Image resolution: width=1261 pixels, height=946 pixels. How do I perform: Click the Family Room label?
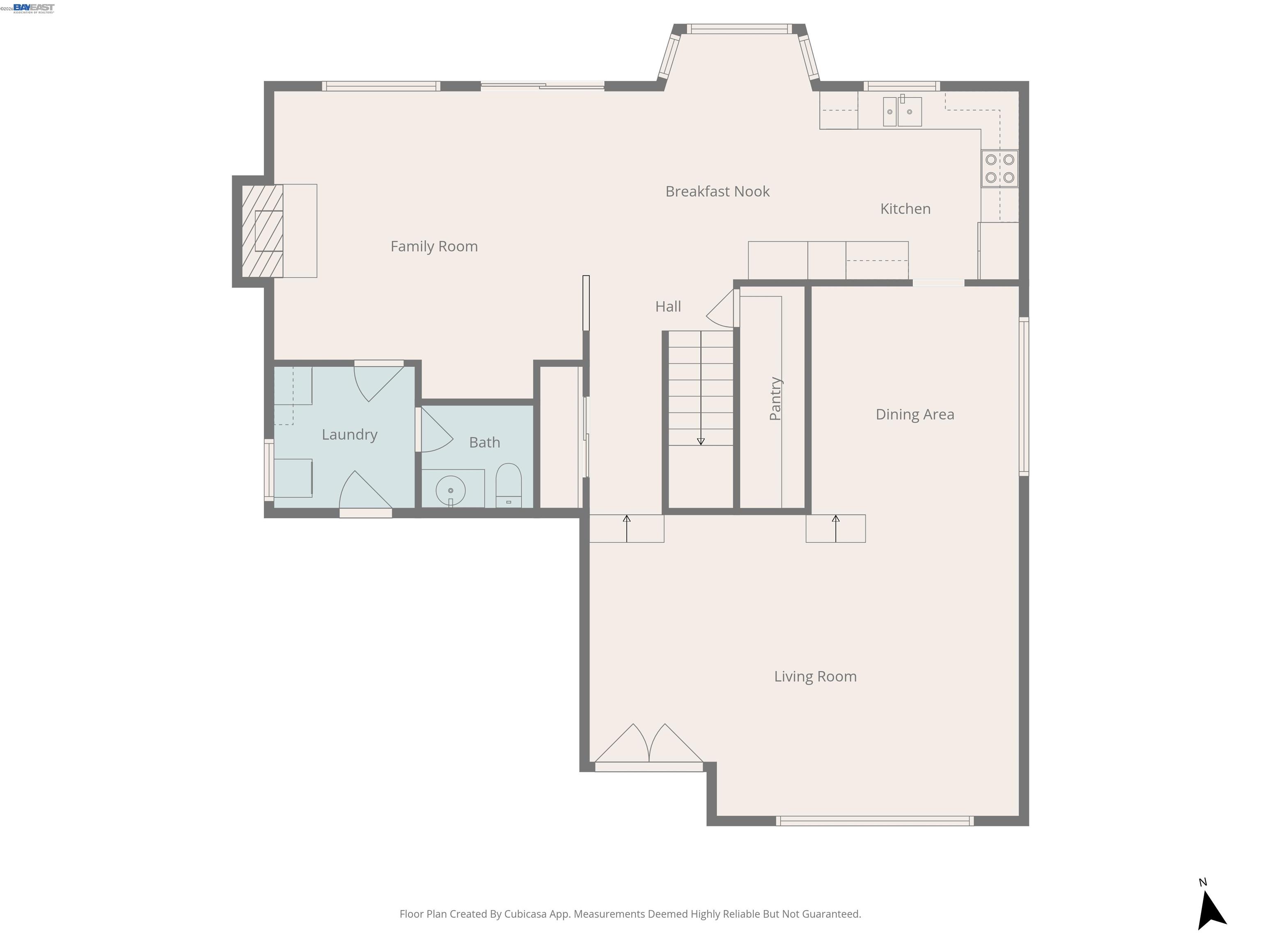434,246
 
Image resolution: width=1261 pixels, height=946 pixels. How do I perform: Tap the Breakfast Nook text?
717,192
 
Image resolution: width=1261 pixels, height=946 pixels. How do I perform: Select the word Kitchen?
905,209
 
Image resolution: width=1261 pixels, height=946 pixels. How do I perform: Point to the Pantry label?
775,399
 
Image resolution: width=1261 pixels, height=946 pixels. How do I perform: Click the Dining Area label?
915,415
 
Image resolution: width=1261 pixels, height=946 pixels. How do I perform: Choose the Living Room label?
815,677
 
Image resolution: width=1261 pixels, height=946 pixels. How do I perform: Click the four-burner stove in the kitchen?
1000,169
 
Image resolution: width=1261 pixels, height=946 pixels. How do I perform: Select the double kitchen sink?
902,111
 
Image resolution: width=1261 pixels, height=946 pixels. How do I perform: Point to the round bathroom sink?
450,490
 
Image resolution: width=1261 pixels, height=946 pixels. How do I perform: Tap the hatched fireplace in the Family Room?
262,231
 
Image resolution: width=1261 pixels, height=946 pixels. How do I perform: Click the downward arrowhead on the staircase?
701,441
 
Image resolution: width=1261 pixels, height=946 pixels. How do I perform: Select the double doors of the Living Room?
649,746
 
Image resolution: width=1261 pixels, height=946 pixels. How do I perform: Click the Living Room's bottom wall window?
874,821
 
